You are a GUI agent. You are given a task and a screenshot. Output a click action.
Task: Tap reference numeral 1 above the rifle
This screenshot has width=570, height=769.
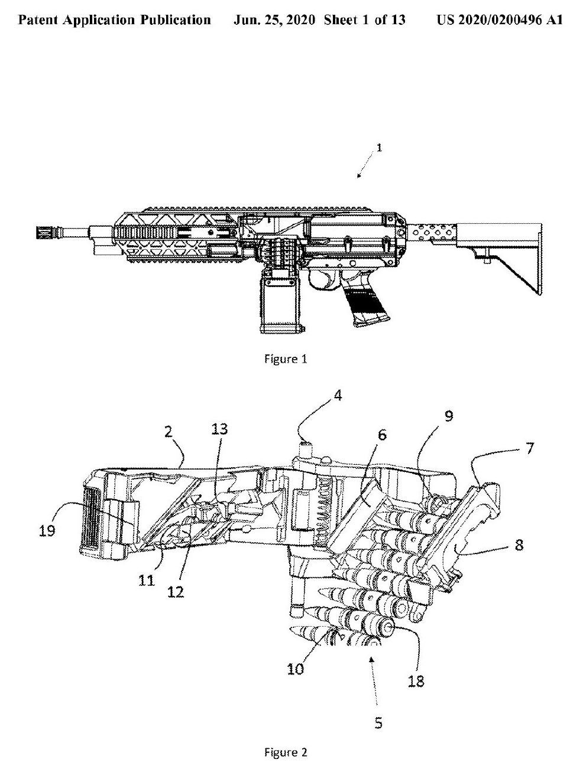[x=379, y=148]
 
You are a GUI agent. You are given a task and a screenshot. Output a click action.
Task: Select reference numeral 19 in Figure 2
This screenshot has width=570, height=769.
[x=47, y=530]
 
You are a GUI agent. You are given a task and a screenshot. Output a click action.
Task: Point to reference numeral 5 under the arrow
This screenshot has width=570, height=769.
[x=378, y=722]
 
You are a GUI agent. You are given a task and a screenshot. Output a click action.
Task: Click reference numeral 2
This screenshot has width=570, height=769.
[x=169, y=432]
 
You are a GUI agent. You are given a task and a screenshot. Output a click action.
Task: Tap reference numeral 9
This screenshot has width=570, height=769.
[x=449, y=417]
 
